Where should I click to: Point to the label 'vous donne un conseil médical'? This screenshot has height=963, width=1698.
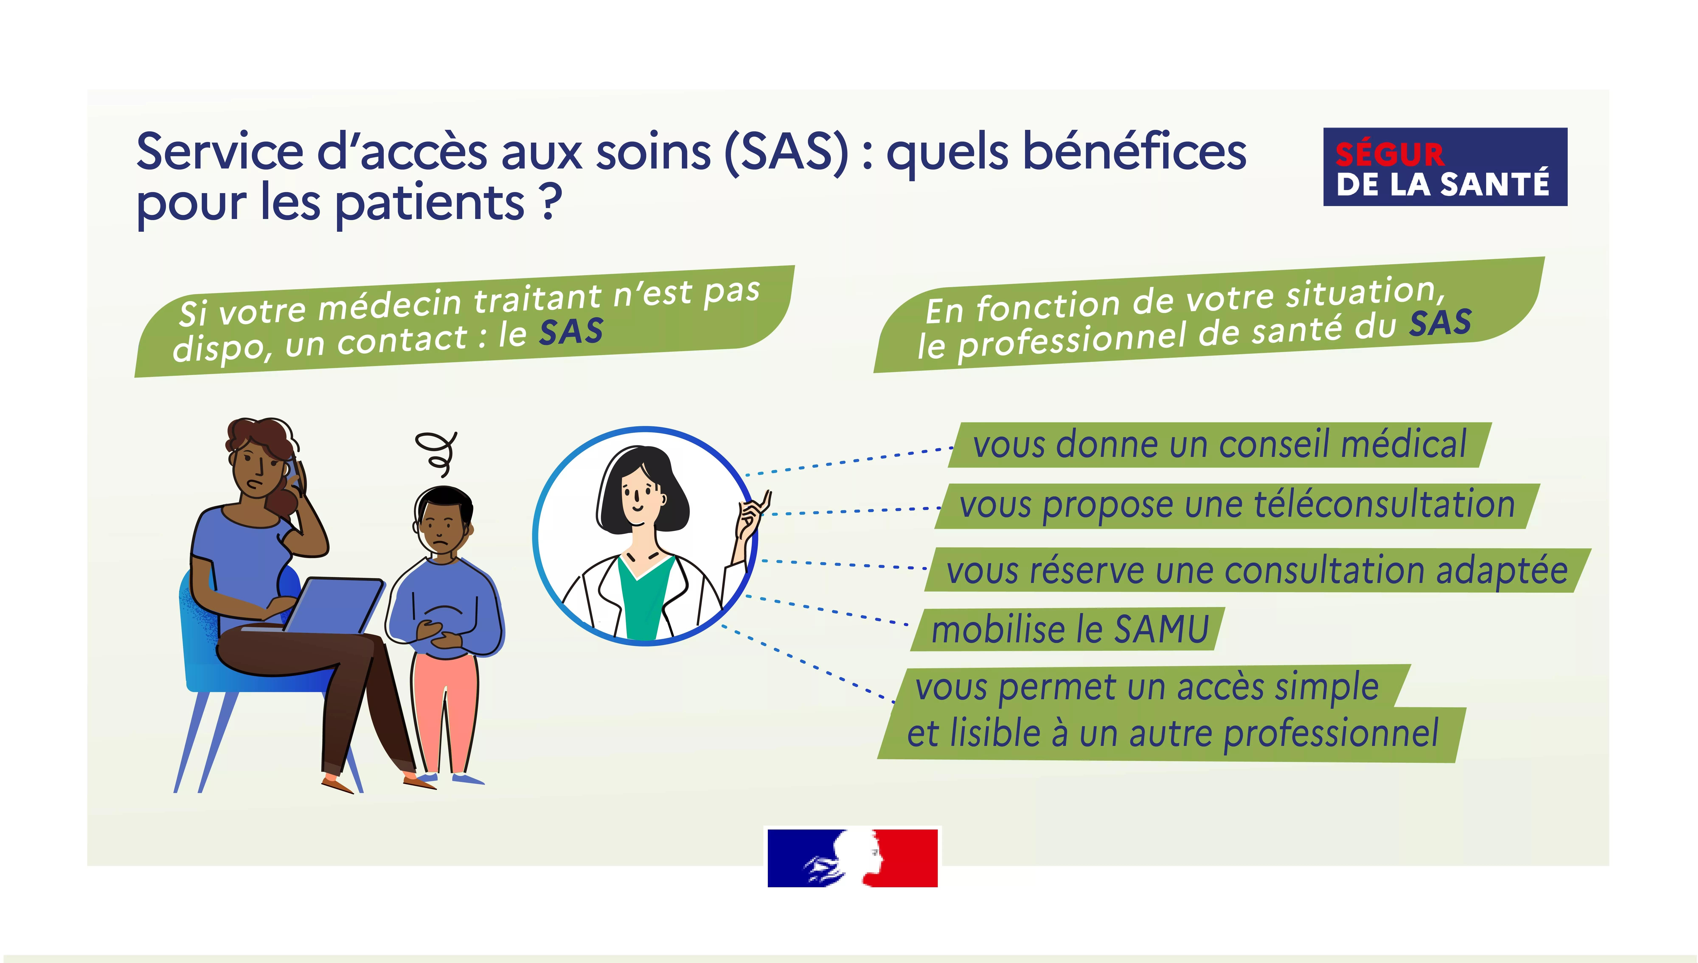pyautogui.click(x=1219, y=444)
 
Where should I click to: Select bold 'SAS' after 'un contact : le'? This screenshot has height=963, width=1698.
pyautogui.click(x=571, y=332)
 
